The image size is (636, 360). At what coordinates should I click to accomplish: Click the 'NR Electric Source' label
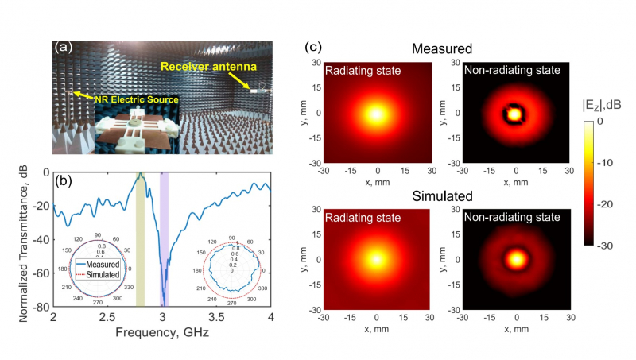coord(131,99)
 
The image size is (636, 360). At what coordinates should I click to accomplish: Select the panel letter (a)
coord(63,47)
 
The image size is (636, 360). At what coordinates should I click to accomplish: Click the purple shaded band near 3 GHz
coord(164,238)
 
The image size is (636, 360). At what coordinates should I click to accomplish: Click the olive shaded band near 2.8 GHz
coord(140,238)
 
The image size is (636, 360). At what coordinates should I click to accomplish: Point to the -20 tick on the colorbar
coord(609,204)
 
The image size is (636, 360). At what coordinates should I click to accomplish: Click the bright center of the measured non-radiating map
coord(516,114)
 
